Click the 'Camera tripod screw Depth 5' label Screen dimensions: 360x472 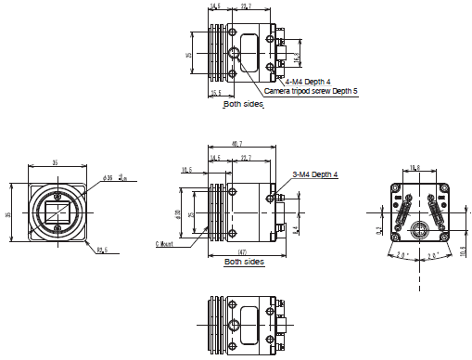[311, 92]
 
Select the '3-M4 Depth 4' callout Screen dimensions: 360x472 [315, 174]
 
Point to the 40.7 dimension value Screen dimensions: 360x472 [238, 144]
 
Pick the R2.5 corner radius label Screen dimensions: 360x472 [100, 250]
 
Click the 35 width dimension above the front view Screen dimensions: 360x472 [55, 162]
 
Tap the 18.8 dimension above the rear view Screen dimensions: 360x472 [415, 168]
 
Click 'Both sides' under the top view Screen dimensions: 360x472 [244, 105]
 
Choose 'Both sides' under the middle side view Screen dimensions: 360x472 [244, 263]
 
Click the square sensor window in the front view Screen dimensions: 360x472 [55, 212]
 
